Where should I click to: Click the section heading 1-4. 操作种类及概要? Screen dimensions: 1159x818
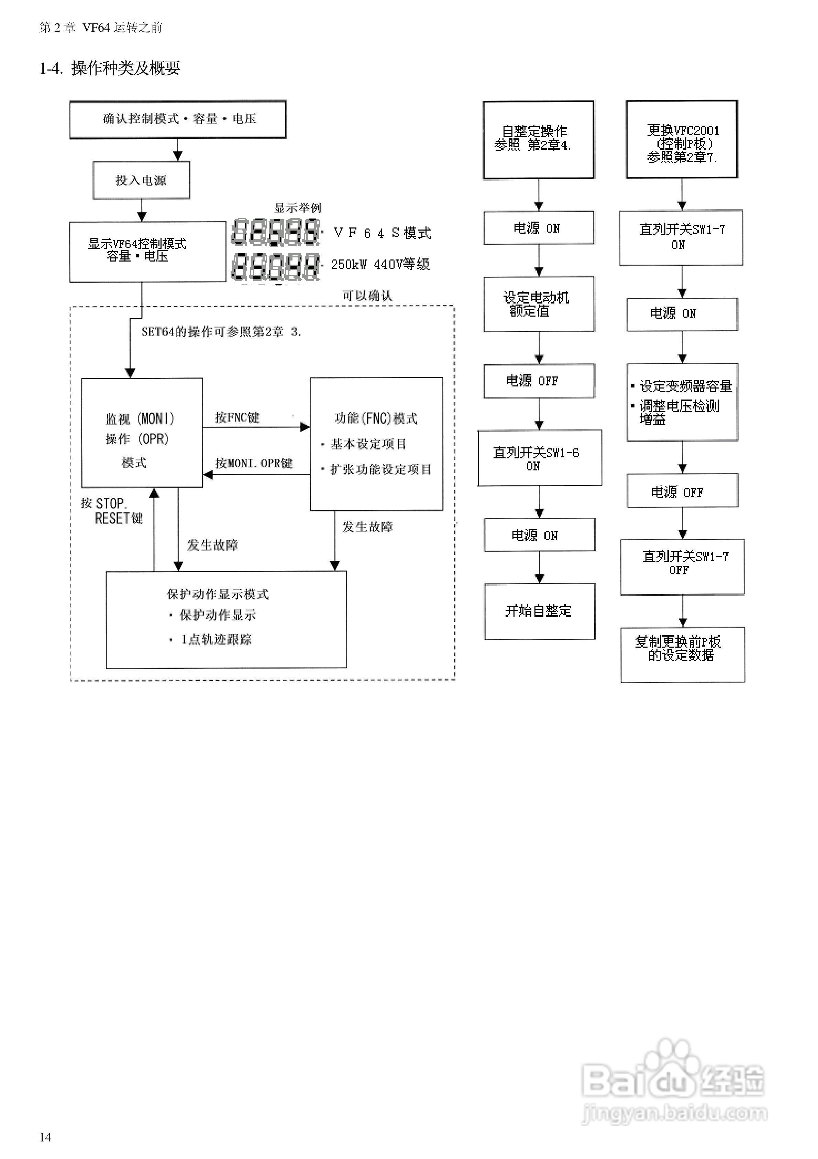coord(110,68)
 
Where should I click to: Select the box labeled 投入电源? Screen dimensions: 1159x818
coord(141,180)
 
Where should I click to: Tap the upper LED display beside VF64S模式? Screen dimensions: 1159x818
coord(275,232)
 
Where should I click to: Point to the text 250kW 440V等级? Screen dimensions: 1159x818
coord(380,264)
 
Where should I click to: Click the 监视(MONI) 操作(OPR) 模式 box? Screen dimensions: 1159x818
coord(142,433)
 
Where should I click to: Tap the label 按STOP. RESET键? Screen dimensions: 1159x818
coord(112,511)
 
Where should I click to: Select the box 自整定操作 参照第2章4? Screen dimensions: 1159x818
coord(538,139)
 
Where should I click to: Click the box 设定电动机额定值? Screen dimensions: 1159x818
coord(539,304)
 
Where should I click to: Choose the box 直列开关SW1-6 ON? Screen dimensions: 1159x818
coord(539,458)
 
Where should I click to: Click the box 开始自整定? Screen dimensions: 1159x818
coord(539,611)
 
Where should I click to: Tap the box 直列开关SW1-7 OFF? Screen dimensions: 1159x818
coord(682,567)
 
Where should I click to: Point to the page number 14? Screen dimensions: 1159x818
coord(45,1137)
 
